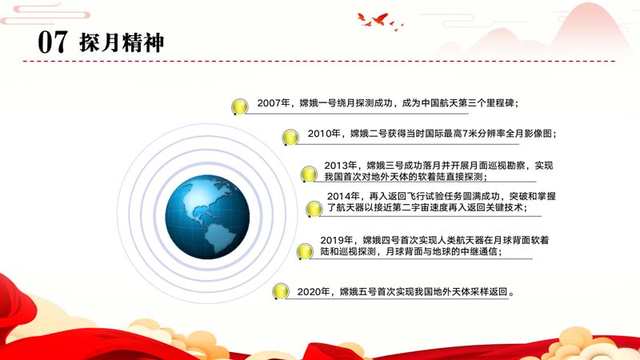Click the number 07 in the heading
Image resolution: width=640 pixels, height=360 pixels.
pos(53,42)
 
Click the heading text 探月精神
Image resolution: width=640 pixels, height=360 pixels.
pos(122,42)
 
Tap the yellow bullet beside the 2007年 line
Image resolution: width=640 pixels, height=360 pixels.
pos(239,106)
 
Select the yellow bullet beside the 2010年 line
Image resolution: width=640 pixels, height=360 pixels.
pos(290,137)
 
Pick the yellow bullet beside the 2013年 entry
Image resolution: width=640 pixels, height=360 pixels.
pos(309,174)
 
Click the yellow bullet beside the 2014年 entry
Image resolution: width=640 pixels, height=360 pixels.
pos(314,209)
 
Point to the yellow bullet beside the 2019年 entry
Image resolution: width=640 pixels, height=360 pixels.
pos(305,251)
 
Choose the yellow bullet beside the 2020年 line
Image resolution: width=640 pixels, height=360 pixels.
pos(281,291)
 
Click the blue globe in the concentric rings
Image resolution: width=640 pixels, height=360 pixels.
pos(207,217)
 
